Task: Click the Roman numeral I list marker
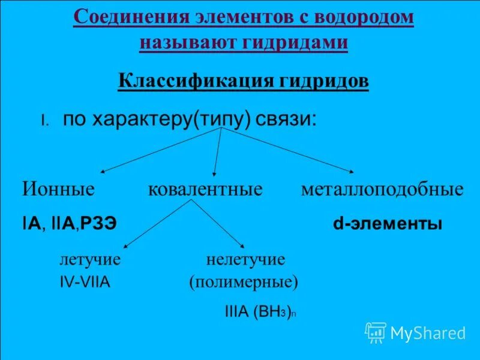[44, 121]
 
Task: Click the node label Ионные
[59, 190]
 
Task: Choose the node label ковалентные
[205, 190]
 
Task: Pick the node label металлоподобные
[382, 190]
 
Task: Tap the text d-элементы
[388, 225]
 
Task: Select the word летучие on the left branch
[90, 260]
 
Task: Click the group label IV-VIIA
[85, 282]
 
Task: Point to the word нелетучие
[245, 260]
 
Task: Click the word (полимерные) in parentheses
[244, 281]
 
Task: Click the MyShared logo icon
[376, 332]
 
